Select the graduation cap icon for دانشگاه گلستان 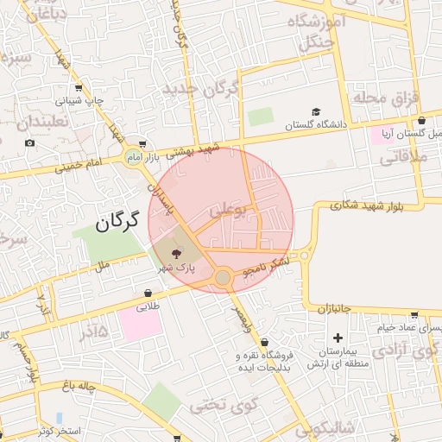point(316,112)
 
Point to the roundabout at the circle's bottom point(223,277)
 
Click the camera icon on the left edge point(30,142)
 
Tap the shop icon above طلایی point(148,294)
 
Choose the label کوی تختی point(213,403)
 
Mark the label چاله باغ point(77,385)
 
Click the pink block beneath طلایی point(140,324)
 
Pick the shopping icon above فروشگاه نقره point(263,343)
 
